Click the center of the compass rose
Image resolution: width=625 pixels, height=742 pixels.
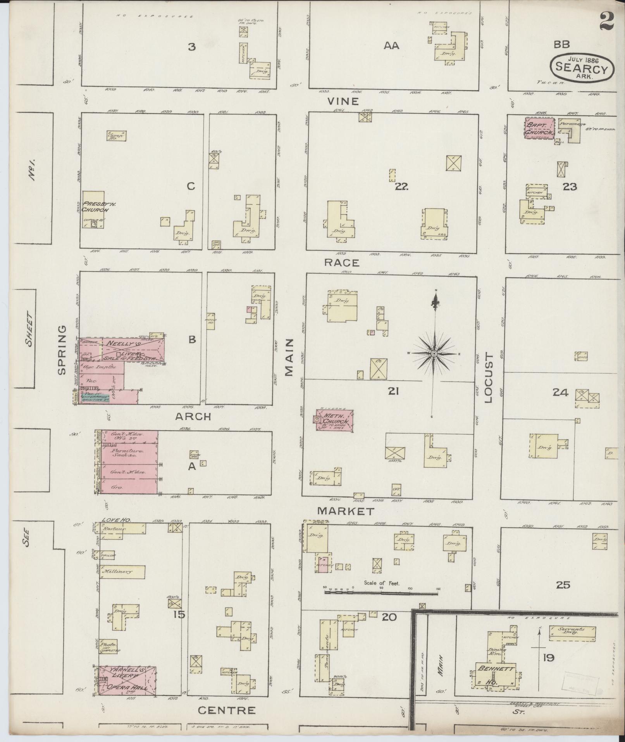[434, 354]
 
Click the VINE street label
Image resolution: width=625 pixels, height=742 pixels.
[343, 102]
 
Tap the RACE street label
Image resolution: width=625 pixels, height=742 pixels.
[341, 263]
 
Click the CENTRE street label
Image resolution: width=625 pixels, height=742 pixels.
[227, 710]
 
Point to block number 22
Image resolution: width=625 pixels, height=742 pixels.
[401, 187]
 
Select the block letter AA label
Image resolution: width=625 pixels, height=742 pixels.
[391, 46]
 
